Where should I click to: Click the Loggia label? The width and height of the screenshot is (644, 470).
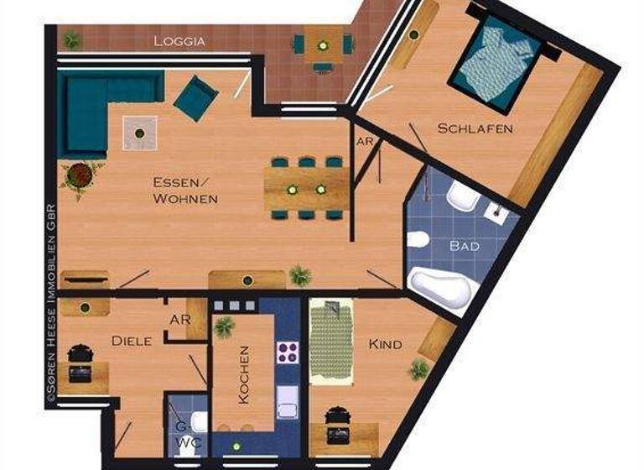180,40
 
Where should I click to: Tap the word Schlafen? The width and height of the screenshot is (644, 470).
475,128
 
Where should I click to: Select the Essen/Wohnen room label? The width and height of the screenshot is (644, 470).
185,191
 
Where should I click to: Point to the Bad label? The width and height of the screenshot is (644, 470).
465,247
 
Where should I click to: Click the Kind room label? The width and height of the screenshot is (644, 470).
385,344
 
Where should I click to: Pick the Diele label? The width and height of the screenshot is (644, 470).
132,341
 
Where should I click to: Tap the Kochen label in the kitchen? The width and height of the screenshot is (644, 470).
244,375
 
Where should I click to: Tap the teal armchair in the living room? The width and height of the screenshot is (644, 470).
196,97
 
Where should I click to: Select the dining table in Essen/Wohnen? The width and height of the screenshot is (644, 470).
307,190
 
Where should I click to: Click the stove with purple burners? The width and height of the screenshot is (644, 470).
289,352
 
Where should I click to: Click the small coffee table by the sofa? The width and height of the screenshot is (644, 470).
139,132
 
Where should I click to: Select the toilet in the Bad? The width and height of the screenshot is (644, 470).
418,240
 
